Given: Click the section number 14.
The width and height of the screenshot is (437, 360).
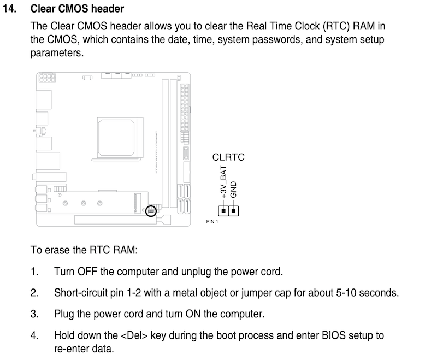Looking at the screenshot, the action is [x=9, y=9].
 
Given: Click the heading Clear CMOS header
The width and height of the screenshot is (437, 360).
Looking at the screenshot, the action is [x=77, y=9].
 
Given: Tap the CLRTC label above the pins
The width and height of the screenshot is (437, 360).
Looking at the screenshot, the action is [x=228, y=157].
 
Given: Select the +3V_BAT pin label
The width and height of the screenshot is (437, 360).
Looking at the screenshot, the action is [x=223, y=182].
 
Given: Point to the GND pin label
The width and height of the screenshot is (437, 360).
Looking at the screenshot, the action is [x=233, y=190].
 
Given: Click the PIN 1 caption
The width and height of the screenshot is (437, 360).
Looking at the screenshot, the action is [x=212, y=221].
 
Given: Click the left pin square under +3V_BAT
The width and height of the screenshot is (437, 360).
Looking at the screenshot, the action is [x=223, y=211].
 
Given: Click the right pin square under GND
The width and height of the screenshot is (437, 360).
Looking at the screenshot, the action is [x=234, y=211].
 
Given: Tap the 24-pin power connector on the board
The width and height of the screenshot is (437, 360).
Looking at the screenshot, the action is [x=185, y=108].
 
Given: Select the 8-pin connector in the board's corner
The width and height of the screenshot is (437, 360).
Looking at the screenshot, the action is [x=47, y=78].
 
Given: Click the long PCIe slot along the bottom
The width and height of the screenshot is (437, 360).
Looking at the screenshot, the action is [x=115, y=220].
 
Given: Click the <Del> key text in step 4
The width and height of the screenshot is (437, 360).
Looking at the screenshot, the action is [x=134, y=335].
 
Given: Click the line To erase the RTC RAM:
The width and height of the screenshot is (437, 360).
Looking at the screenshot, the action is [x=84, y=250].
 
